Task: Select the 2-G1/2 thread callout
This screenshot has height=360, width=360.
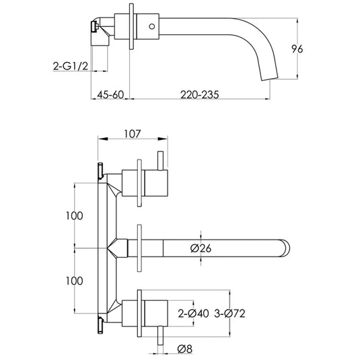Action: pyautogui.click(x=71, y=65)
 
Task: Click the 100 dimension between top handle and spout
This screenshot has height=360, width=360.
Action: pyautogui.click(x=75, y=216)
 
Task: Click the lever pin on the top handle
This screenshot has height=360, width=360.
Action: pyautogui.click(x=161, y=162)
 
